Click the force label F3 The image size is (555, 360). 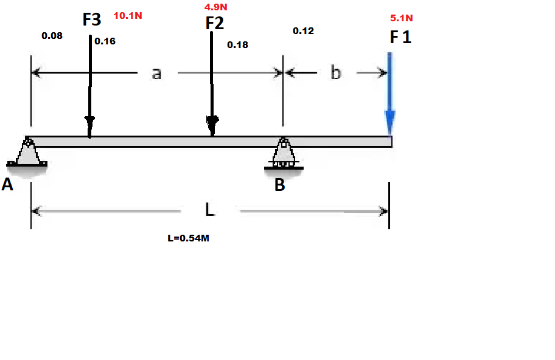tap(92, 20)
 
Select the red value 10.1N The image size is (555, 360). tap(128, 16)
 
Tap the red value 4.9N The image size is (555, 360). tap(216, 7)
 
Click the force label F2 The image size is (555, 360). tap(215, 23)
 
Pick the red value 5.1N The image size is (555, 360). tap(402, 18)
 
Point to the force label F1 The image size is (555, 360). tap(400, 37)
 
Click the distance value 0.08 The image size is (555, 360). tap(52, 36)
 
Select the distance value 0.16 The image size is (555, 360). tap(105, 41)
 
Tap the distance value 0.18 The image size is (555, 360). tap(237, 44)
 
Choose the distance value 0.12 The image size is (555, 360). tap(303, 31)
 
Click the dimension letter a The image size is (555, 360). tap(156, 73)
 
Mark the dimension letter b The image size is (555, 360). tap(336, 73)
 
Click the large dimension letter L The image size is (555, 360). tap(209, 210)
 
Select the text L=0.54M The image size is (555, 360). tap(188, 238)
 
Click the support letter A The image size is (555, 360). tap(7, 185)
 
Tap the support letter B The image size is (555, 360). tap(279, 185)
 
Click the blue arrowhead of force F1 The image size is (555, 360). tap(389, 122)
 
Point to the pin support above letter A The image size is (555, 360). tap(27, 153)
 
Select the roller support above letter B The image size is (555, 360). tap(284, 154)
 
